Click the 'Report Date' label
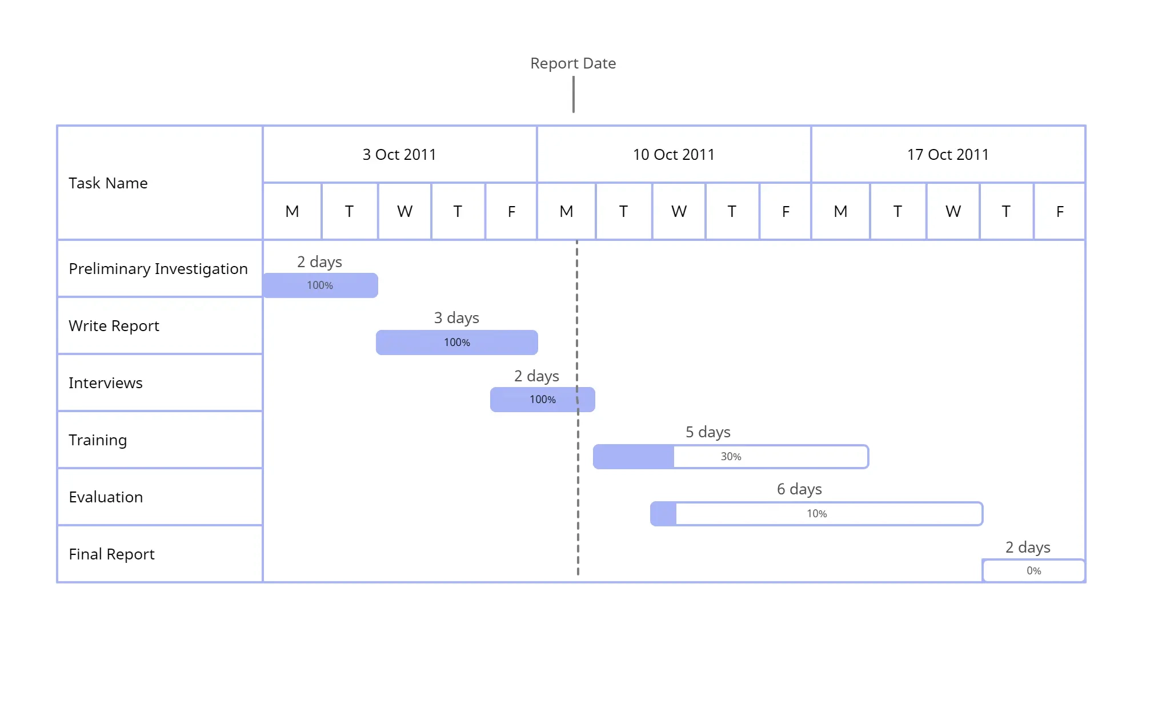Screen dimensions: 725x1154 573,63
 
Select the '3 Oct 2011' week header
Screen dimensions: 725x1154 399,155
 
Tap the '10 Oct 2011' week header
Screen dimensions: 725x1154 674,155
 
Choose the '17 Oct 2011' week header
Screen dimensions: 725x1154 948,155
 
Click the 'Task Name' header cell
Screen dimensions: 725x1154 108,183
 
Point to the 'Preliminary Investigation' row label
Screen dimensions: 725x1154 158,269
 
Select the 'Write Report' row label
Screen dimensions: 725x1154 114,326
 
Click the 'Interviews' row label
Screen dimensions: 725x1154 106,383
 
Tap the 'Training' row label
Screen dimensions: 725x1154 98,440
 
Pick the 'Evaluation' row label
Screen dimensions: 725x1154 106,497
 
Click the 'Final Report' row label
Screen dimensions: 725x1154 111,554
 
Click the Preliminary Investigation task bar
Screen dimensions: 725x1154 320,285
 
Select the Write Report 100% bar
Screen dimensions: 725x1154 457,343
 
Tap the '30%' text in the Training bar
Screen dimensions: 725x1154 731,457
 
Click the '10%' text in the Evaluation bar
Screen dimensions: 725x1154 816,514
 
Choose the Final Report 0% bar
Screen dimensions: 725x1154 1033,571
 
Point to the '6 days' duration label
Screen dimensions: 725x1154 799,489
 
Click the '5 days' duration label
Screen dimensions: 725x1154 708,432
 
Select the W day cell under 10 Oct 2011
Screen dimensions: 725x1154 679,212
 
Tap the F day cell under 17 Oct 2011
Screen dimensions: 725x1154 1060,212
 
